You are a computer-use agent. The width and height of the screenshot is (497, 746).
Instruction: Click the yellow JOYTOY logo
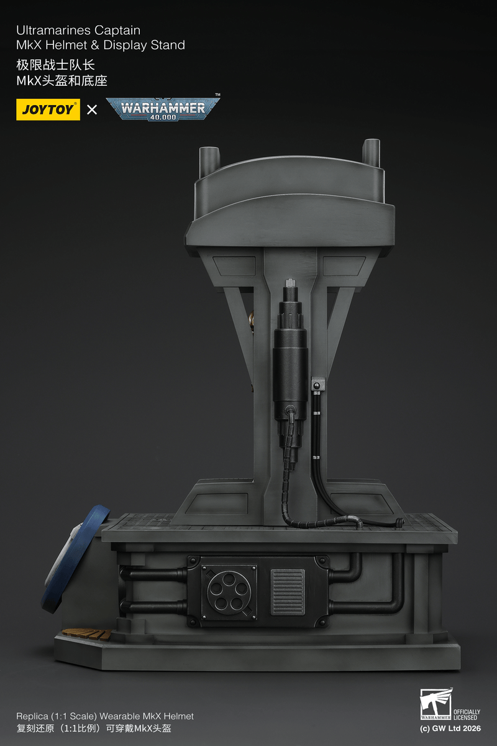click(x=48, y=110)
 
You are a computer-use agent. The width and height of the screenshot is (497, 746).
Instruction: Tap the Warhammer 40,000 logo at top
click(x=163, y=109)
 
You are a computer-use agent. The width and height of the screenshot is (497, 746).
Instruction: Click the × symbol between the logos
click(x=92, y=110)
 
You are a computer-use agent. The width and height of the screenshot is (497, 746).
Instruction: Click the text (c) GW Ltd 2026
click(x=450, y=728)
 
